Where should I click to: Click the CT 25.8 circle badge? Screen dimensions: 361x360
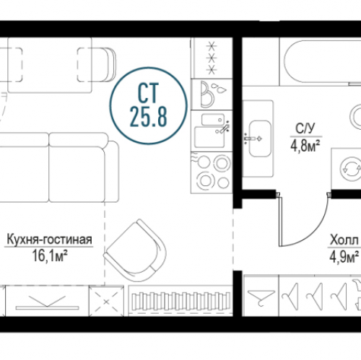[x=148, y=105]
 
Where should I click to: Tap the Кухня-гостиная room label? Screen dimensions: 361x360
[x=49, y=240]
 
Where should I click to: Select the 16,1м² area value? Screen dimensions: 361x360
[x=49, y=255]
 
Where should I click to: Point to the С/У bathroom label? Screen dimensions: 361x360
[x=305, y=128]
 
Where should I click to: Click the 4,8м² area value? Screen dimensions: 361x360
[x=305, y=146]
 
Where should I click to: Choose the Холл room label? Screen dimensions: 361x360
[x=344, y=240]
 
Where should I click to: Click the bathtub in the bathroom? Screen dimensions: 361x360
[x=323, y=63]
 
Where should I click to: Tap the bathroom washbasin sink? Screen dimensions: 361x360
[x=260, y=139]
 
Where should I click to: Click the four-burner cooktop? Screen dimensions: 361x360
[x=212, y=172]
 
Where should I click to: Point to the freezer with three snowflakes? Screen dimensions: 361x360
[x=212, y=58]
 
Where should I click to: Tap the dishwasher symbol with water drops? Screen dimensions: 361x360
[x=212, y=95]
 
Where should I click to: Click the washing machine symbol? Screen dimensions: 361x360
[x=351, y=168]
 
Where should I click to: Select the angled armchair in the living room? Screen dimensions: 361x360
[x=136, y=250]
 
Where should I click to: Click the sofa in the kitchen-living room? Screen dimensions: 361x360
[x=59, y=167]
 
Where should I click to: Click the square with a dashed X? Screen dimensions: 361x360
[x=106, y=302]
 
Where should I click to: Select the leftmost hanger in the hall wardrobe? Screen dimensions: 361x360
[x=261, y=298]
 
